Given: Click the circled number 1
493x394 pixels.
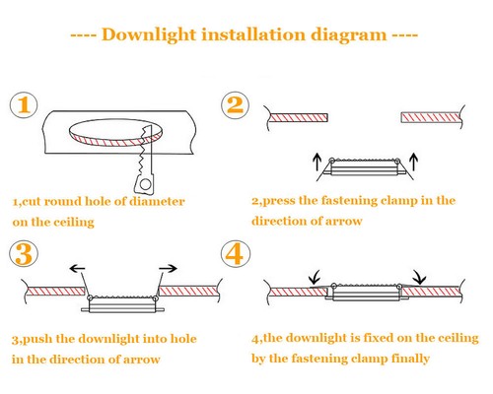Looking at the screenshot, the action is (24, 105).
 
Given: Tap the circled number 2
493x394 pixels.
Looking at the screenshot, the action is (235, 104).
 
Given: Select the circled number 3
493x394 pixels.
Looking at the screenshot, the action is (24, 253).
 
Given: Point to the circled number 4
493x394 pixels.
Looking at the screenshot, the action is (236, 253).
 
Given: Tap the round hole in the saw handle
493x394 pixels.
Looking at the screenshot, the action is (145, 184).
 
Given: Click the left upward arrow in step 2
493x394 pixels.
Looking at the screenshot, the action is (317, 162).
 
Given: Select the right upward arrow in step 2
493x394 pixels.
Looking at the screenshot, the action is (414, 162).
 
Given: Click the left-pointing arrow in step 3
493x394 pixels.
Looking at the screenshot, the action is (78, 269).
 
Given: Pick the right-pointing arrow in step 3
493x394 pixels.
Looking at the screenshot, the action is (168, 269).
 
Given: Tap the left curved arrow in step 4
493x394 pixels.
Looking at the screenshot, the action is (315, 278).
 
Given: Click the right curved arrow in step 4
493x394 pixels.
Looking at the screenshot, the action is (420, 278).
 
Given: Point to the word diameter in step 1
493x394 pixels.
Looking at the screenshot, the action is (157, 201).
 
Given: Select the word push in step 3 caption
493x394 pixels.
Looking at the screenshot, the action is (36, 339).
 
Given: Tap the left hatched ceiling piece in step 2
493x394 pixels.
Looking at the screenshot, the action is (299, 117).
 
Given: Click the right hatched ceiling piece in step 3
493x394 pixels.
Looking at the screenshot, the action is (188, 291).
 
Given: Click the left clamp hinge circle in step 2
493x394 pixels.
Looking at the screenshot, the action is (332, 161).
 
